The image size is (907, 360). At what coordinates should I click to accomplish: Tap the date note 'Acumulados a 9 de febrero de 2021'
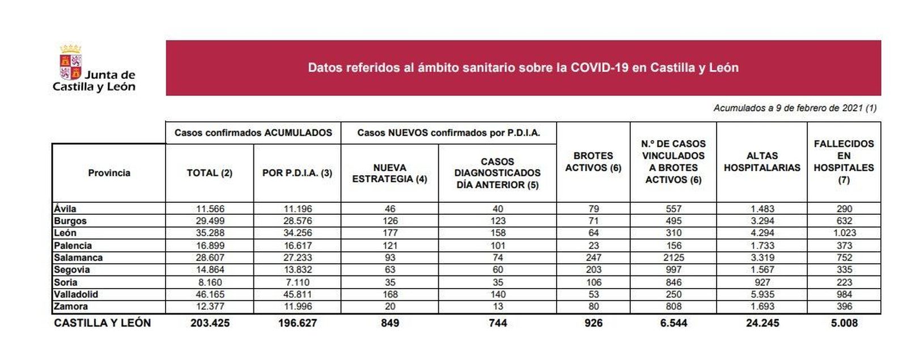pos(794,108)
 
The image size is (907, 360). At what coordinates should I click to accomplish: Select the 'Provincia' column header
pos(109,173)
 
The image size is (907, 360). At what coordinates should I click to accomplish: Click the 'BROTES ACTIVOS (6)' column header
pos(593,162)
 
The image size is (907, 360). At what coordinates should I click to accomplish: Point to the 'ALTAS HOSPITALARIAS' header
pos(761,162)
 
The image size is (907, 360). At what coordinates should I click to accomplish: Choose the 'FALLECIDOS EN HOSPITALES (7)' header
pos(844,162)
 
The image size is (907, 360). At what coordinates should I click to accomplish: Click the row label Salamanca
pos(78,257)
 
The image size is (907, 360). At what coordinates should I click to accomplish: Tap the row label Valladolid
pos(76,294)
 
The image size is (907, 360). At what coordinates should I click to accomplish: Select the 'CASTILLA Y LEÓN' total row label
pos(102,323)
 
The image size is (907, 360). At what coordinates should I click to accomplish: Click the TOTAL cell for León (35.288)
pos(210,233)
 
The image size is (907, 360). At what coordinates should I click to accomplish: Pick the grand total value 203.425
pos(210,323)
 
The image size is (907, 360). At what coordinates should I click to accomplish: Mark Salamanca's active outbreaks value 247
pos(593,257)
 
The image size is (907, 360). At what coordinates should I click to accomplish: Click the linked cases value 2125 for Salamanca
pos(673,257)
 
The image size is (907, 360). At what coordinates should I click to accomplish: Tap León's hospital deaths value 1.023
pos(844,233)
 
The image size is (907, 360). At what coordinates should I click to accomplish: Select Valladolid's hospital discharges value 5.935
pos(762,294)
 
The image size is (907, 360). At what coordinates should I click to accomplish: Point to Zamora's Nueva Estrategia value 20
pos(390,307)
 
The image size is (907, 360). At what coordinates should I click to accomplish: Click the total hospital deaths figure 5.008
pos(844,323)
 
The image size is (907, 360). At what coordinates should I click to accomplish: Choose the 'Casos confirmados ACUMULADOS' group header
pos(253,133)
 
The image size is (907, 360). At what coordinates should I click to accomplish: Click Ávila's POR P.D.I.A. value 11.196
pos(297,209)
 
